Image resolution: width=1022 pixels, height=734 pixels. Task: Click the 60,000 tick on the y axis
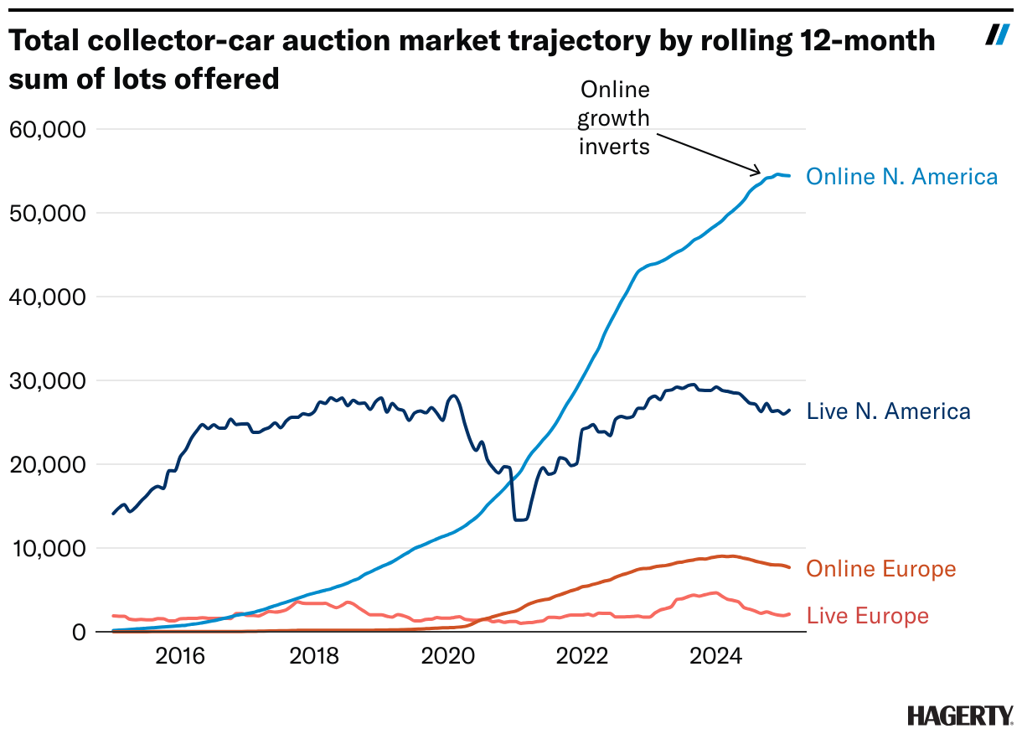click(x=48, y=129)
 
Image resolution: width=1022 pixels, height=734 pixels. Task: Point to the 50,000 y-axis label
click(x=48, y=213)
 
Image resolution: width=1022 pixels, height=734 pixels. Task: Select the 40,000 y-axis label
click(x=48, y=297)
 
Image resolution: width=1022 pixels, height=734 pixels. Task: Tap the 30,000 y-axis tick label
click(x=48, y=380)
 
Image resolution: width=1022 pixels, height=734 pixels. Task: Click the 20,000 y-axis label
click(x=48, y=464)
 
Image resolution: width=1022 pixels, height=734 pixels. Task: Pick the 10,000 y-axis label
click(x=48, y=548)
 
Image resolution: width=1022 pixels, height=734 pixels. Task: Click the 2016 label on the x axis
click(x=180, y=656)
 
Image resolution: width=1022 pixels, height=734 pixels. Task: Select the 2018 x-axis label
click(x=314, y=656)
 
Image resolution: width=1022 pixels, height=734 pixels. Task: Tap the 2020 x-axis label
click(x=448, y=656)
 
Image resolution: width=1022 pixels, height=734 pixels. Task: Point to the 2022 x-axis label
click(x=582, y=656)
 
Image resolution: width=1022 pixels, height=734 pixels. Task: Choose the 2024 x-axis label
click(x=716, y=656)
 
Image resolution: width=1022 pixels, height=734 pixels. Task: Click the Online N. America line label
click(x=901, y=177)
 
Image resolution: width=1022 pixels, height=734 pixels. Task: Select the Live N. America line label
click(x=888, y=411)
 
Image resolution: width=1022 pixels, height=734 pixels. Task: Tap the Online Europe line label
click(x=880, y=570)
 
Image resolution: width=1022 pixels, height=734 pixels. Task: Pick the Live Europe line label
click(x=867, y=616)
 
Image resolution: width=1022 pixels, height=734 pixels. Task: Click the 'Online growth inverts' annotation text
click(x=614, y=117)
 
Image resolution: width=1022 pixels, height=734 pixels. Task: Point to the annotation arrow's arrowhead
click(x=758, y=172)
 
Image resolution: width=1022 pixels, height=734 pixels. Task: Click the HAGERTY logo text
click(x=959, y=715)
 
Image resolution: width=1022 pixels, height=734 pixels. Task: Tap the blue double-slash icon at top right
click(x=997, y=34)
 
